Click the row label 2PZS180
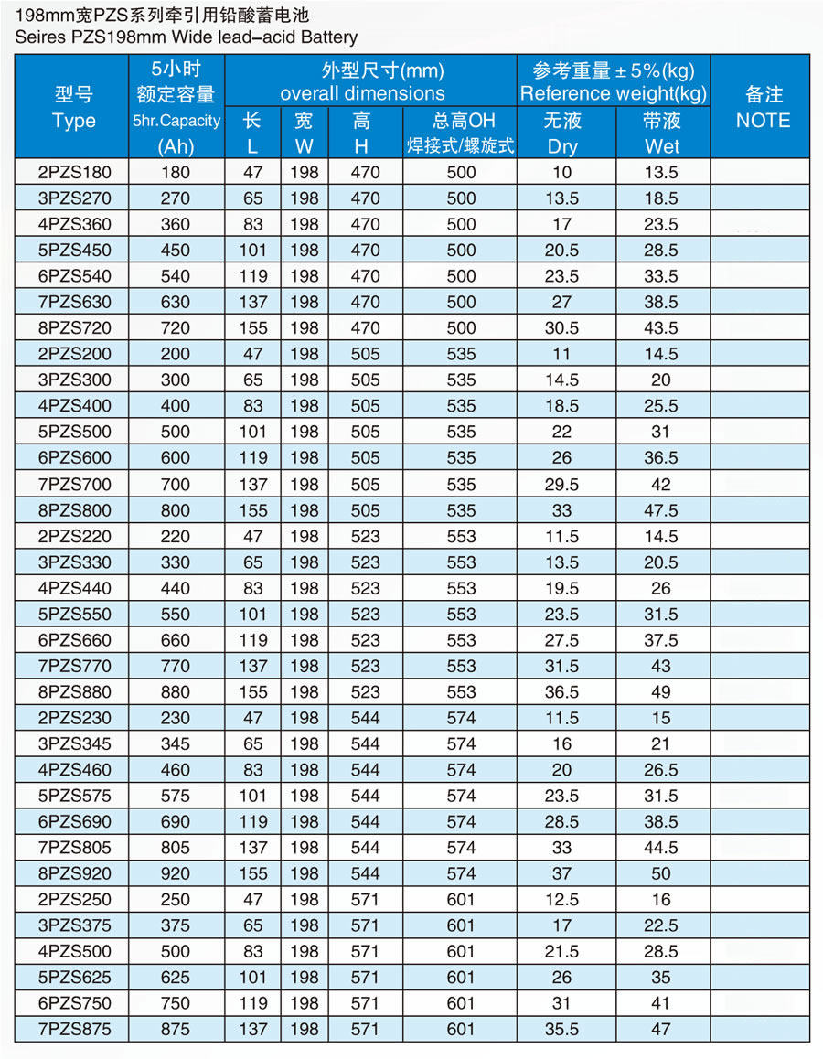coord(73,172)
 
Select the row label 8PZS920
coord(73,873)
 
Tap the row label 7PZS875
coord(73,1029)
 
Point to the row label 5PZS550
coord(73,614)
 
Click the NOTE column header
coord(763,120)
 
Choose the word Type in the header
coord(73,121)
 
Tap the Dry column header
coord(562,145)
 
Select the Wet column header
coord(661,145)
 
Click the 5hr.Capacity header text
coord(176,121)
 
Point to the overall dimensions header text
coord(362,93)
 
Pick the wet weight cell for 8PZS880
coord(661,691)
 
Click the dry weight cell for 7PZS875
coord(562,1029)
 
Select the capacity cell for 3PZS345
coord(176,743)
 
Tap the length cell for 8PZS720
coord(253,327)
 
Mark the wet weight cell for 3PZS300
coord(661,380)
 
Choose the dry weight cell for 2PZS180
coord(562,172)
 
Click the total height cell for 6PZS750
coord(461,1003)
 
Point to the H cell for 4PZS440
coord(365,588)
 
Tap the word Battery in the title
coord(326,37)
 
